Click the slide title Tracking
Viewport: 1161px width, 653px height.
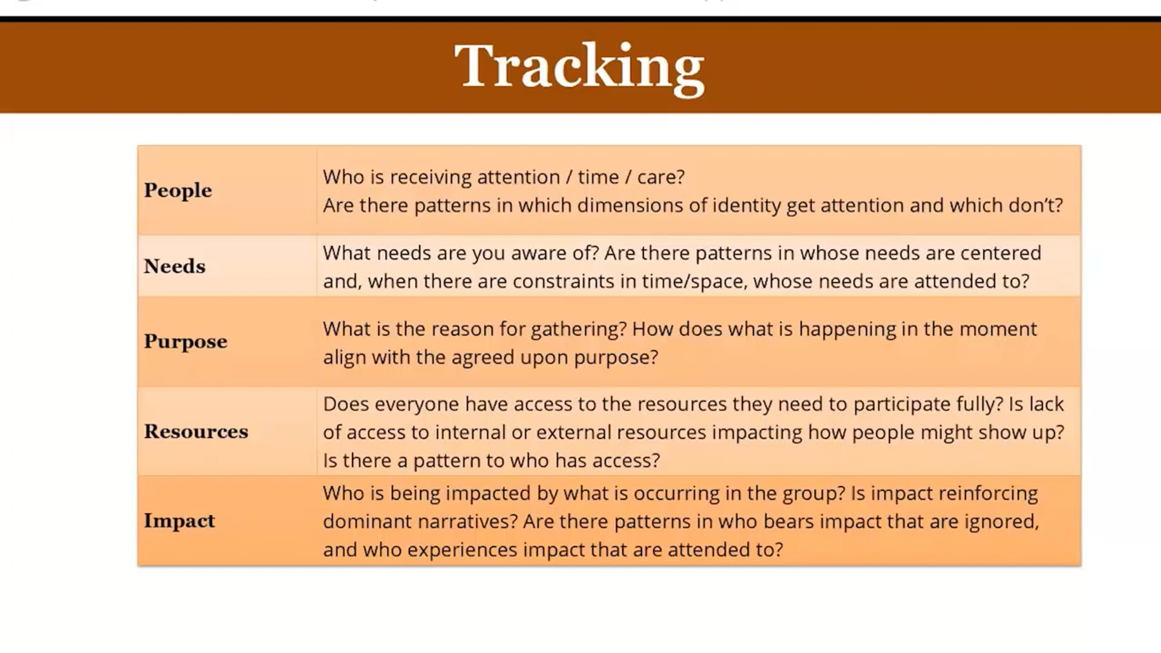[579, 67]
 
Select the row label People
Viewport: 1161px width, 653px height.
[178, 190]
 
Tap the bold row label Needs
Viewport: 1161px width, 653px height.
[175, 266]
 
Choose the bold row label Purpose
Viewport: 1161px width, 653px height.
[186, 342]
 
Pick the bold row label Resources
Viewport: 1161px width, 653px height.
[196, 431]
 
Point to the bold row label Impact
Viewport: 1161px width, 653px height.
[179, 521]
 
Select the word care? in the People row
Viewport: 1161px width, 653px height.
[660, 177]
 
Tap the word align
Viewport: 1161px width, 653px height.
[345, 358]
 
